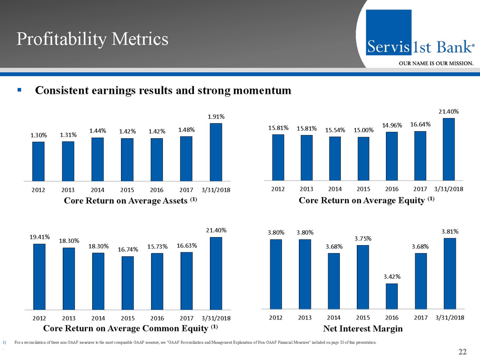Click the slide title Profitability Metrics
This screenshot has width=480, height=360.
click(x=92, y=39)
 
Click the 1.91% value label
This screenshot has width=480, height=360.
click(x=216, y=116)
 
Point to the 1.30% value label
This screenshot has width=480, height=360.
click(x=38, y=135)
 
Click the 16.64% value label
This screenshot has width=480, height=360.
click(x=420, y=124)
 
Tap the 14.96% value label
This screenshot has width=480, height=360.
click(x=391, y=125)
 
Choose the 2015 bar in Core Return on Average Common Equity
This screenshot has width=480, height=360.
click(x=127, y=283)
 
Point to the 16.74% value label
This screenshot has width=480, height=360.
click(x=127, y=250)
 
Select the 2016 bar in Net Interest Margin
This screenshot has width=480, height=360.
click(x=391, y=296)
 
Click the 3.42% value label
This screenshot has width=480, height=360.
click(x=391, y=276)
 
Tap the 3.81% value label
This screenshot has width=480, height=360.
click(x=449, y=231)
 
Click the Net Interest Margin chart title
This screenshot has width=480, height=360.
click(x=363, y=329)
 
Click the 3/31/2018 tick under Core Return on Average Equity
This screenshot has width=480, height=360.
click(x=448, y=188)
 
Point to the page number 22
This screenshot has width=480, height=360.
click(x=463, y=352)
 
